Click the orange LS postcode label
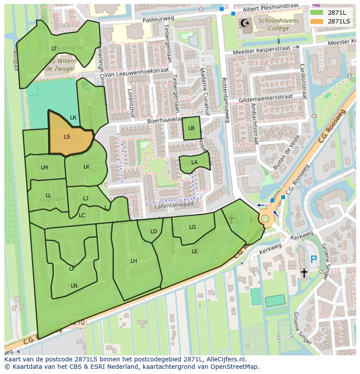tap(67, 137)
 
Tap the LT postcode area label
tap(54, 49)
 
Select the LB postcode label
tap(191, 128)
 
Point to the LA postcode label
tap(194, 162)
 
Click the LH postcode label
tap(134, 261)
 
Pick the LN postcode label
tap(74, 286)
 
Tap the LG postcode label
tap(193, 227)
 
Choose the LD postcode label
tap(153, 232)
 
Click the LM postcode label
tap(44, 168)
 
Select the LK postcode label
tap(87, 167)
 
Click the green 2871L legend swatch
tap(317, 13)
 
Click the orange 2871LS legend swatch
tap(317, 21)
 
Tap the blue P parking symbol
tap(313, 260)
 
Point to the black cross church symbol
tap(304, 273)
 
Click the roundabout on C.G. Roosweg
tap(264, 218)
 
